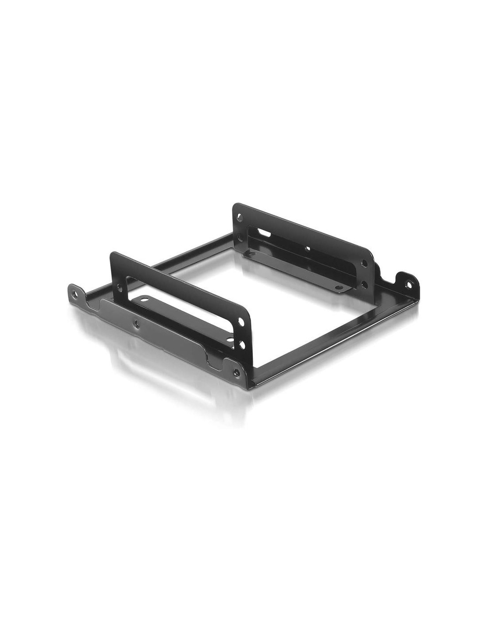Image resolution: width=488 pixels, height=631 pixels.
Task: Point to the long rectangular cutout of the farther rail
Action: pos(306,244)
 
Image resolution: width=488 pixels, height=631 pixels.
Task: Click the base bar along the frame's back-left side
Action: pos(177,262)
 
